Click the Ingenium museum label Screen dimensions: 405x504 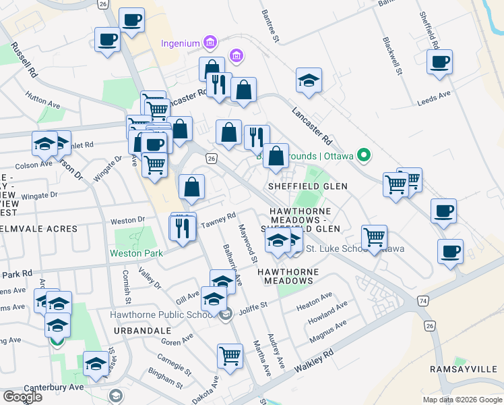click(180, 44)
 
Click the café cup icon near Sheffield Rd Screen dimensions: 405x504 click(439, 62)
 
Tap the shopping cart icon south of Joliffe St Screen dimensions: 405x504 click(230, 356)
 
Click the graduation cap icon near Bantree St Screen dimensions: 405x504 click(308, 80)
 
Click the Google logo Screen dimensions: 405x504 click(22, 397)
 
